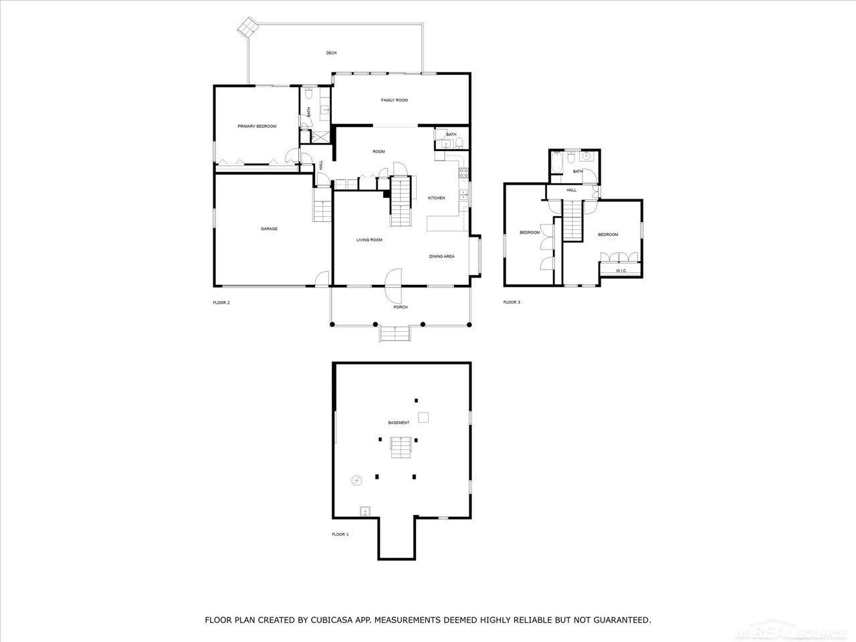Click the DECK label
click(331, 53)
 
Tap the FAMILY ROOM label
click(394, 100)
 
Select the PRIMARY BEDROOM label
click(257, 126)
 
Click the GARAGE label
click(269, 229)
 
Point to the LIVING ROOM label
click(368, 239)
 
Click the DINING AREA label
click(441, 256)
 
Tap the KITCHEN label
click(437, 198)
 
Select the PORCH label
click(400, 307)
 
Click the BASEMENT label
click(399, 423)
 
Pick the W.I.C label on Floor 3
click(621, 271)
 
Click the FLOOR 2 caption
click(221, 303)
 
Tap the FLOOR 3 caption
click(512, 302)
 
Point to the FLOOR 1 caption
click(340, 534)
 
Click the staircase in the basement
click(401, 446)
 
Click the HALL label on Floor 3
click(571, 190)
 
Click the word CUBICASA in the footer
click(333, 621)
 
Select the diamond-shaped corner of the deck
click(249, 27)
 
